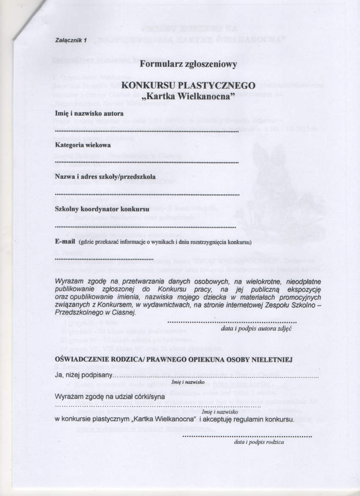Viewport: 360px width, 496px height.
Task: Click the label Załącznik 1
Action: pos(71,40)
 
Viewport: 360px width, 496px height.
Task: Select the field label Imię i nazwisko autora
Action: pos(89,114)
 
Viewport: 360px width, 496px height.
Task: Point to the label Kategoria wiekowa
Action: pos(83,145)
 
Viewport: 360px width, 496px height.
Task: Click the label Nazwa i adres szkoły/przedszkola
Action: pos(105,176)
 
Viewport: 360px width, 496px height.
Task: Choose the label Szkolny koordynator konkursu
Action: pos(102,209)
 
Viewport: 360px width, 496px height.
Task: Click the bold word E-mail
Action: pos(65,242)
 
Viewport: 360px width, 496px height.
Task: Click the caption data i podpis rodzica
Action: pos(259,442)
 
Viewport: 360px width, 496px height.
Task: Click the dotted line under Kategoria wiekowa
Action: pos(147,162)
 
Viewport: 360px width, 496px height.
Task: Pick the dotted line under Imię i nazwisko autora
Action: pos(147,131)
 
